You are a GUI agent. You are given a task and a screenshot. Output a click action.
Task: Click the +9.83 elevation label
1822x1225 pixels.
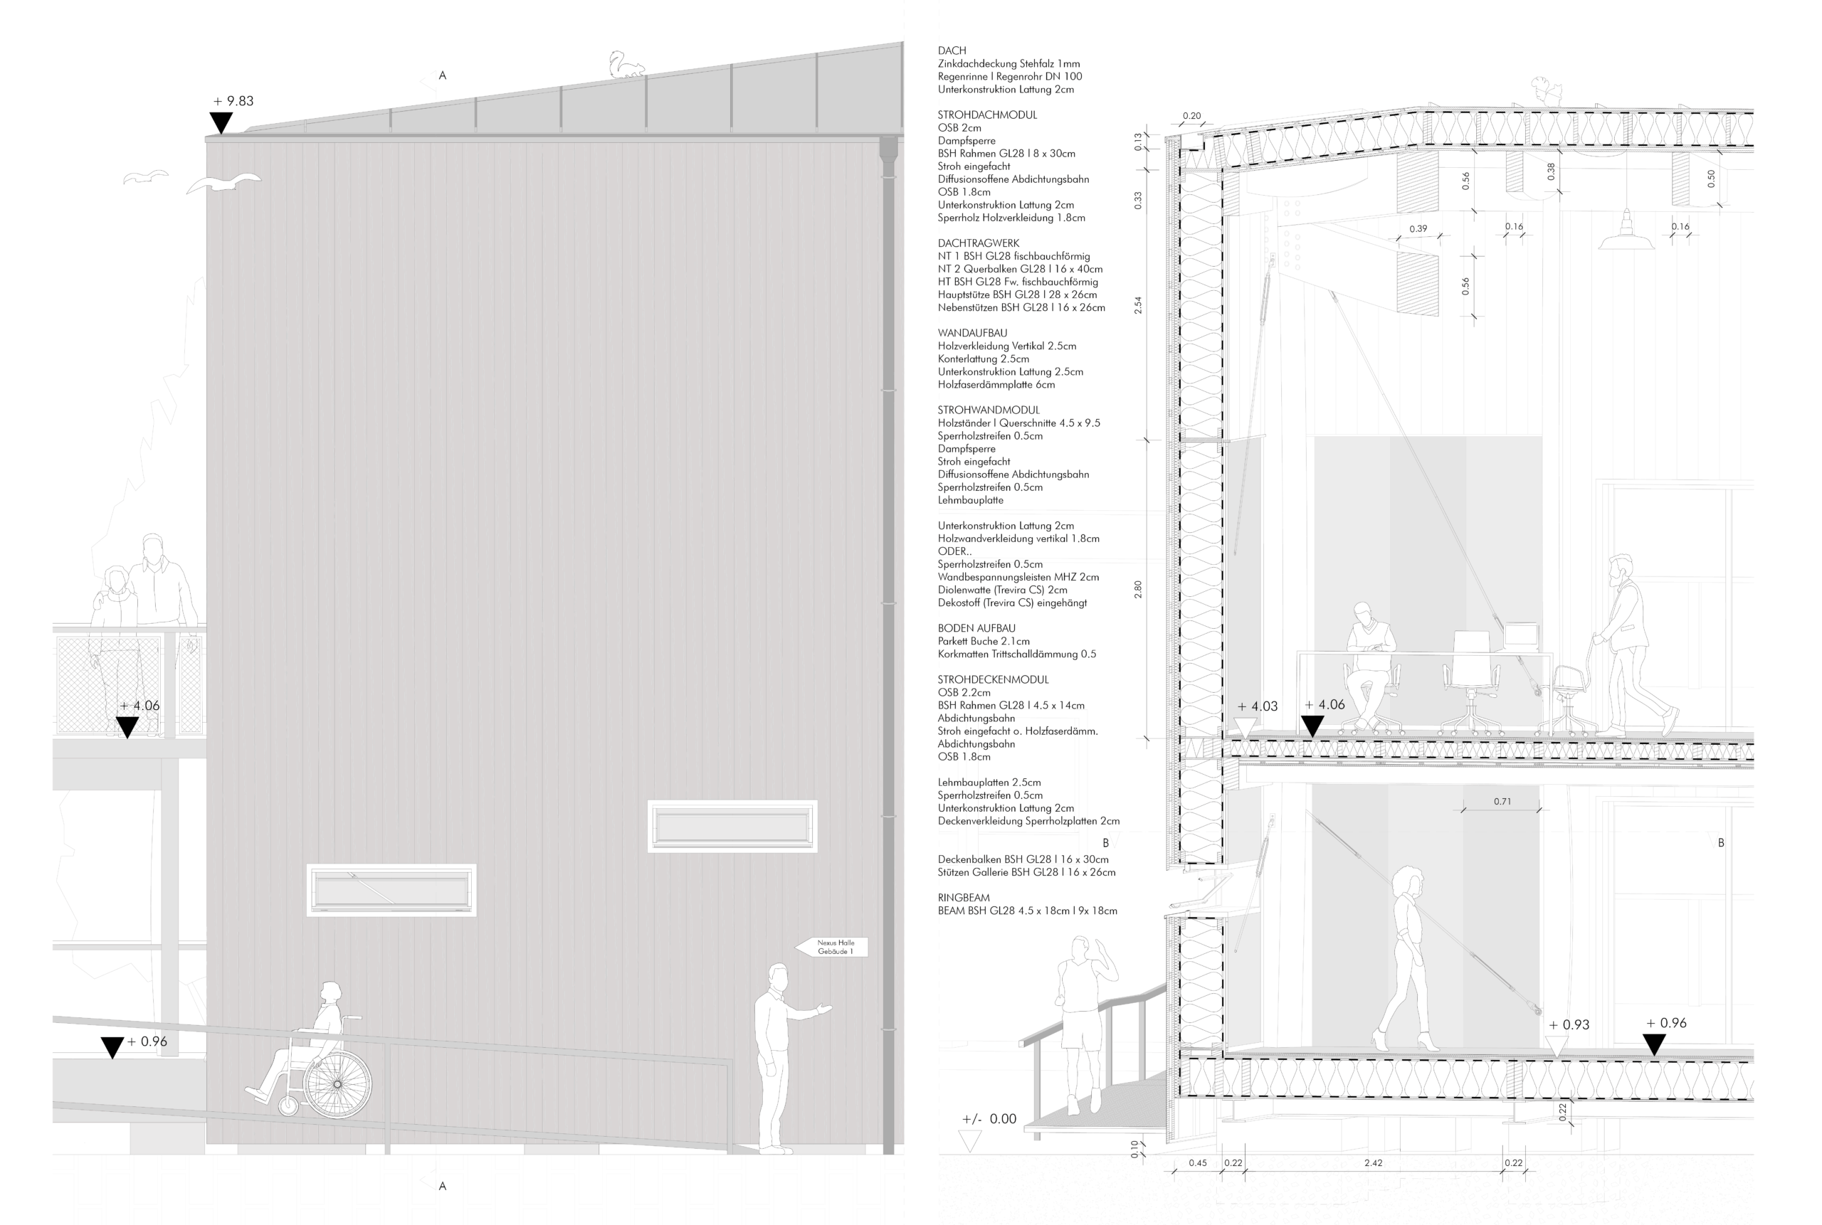coord(233,101)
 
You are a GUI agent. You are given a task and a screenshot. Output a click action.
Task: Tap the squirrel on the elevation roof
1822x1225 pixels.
coord(626,65)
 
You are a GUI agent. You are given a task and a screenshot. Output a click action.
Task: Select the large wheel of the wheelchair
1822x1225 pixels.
coord(337,1084)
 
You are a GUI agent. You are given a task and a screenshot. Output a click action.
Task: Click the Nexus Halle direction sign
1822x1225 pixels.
coord(833,947)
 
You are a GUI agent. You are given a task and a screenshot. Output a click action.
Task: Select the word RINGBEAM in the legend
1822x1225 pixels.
coord(964,898)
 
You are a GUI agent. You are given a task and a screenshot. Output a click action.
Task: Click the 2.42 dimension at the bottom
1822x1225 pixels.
coord(1374,1162)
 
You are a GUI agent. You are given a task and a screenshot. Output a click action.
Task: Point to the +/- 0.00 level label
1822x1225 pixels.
coord(989,1119)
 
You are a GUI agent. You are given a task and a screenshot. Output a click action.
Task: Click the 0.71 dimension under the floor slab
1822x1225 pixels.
coord(1502,802)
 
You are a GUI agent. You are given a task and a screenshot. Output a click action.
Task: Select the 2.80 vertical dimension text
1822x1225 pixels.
coord(1138,589)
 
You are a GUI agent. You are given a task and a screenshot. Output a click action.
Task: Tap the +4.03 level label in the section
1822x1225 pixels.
coord(1258,706)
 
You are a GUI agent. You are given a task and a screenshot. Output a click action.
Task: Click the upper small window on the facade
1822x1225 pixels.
coord(732,826)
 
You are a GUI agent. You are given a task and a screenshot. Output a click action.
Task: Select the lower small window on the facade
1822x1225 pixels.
coord(391,890)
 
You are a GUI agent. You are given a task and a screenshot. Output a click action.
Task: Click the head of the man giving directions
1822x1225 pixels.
coord(778,976)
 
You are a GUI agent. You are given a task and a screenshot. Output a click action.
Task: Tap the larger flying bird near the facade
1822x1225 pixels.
coord(223,184)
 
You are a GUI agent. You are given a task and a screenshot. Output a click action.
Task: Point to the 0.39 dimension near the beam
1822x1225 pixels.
coord(1418,229)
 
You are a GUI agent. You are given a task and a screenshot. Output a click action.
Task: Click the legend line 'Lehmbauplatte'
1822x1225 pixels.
coord(971,500)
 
